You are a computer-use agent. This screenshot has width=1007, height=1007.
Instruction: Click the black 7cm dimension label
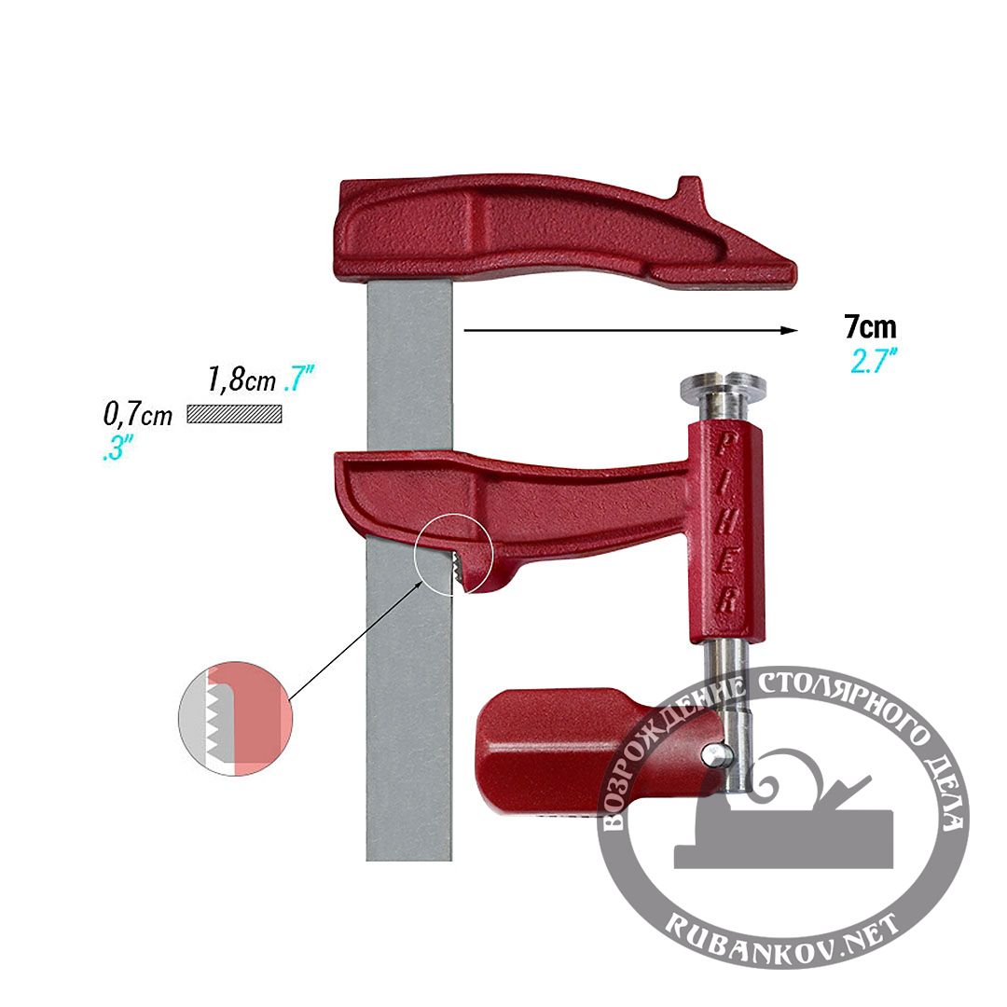coord(870,327)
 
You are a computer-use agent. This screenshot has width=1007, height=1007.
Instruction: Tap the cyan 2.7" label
coord(874,360)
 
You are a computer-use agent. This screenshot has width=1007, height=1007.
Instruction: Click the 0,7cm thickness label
coord(138,414)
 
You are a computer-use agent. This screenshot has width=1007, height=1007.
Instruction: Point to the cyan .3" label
coord(117,447)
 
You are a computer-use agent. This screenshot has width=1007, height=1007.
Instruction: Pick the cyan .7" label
coord(298,378)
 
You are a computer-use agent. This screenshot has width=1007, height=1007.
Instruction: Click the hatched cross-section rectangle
coord(234,414)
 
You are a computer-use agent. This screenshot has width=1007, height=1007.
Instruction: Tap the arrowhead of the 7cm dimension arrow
coord(790,330)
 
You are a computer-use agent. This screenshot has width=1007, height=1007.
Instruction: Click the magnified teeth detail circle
coord(235,719)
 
